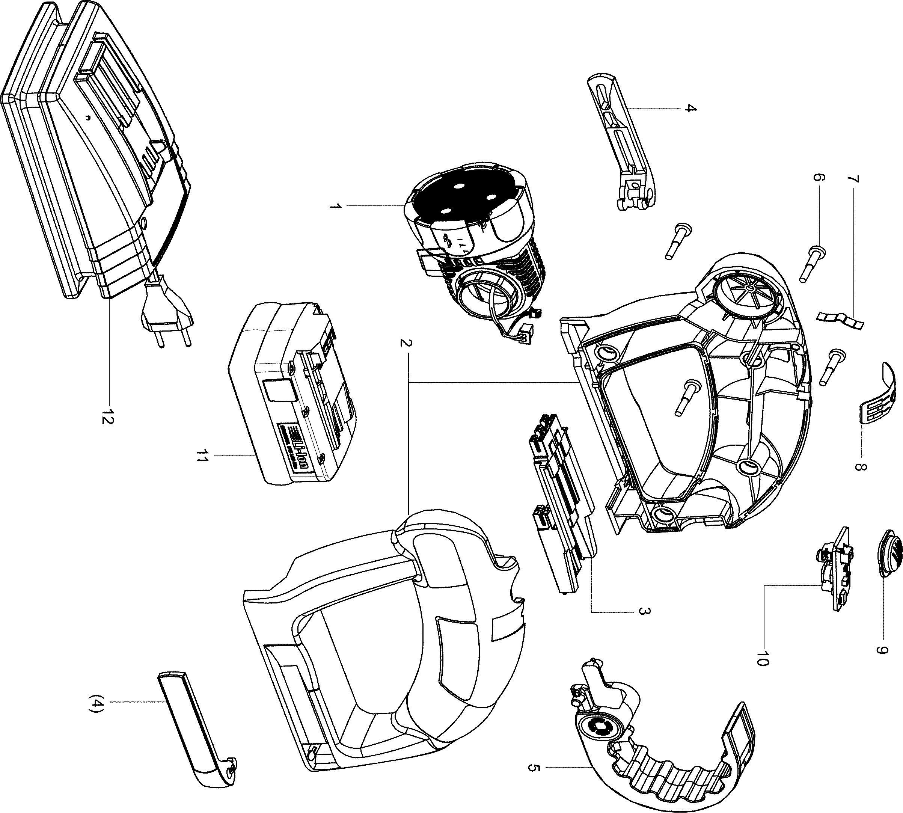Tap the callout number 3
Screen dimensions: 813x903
coord(642,611)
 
